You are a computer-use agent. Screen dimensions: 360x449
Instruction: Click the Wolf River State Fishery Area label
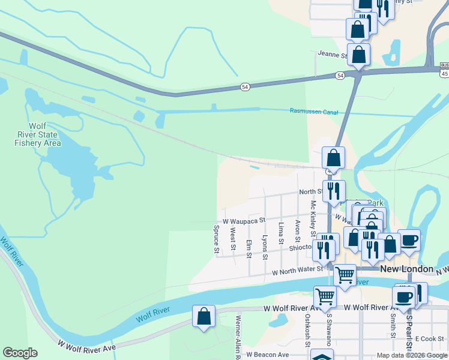[x=37, y=134]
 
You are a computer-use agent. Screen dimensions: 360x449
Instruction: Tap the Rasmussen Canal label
[x=314, y=111]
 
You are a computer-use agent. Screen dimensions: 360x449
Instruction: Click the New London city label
[x=406, y=269]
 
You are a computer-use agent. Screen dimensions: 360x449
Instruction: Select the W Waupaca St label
[x=244, y=221]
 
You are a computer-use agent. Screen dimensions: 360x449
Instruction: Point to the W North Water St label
[x=297, y=271]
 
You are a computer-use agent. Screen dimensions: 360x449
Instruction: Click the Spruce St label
[x=216, y=239]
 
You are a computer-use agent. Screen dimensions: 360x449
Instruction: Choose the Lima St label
[x=281, y=233]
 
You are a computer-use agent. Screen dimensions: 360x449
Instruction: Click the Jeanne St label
[x=333, y=55]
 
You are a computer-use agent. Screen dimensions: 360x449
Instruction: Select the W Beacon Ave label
[x=267, y=355]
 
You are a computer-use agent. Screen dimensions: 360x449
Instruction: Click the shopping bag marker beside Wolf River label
[x=203, y=316]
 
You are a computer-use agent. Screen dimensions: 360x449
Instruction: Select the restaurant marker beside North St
[x=334, y=191]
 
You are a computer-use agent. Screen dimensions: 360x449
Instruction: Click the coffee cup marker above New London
[x=409, y=240]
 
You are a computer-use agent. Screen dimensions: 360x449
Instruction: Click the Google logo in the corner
[x=20, y=353]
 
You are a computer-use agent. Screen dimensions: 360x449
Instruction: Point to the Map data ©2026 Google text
[x=412, y=355]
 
